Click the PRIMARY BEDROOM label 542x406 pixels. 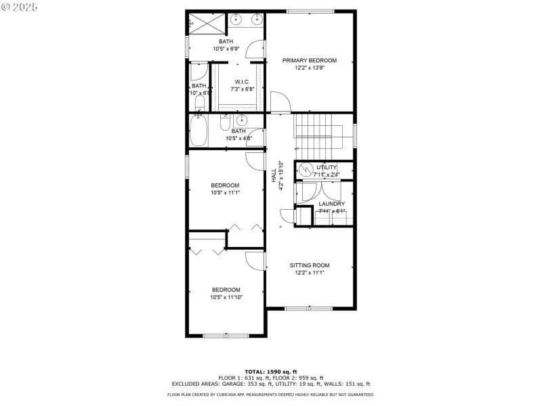(x=309, y=60)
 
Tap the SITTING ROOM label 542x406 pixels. (x=310, y=265)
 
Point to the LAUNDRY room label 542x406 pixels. (x=331, y=204)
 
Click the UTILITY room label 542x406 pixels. (x=327, y=167)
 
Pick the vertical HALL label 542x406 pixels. (x=274, y=175)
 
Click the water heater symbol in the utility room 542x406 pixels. (x=305, y=168)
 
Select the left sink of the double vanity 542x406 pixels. (x=236, y=20)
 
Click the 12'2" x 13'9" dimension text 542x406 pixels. (x=309, y=68)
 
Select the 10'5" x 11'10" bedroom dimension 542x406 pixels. (x=226, y=297)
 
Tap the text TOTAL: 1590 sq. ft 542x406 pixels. (x=270, y=371)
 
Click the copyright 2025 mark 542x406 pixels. (x=20, y=6)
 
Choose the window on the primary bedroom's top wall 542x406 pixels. (x=310, y=11)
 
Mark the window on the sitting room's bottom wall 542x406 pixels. (x=308, y=308)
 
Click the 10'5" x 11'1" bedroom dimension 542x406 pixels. (x=226, y=193)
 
